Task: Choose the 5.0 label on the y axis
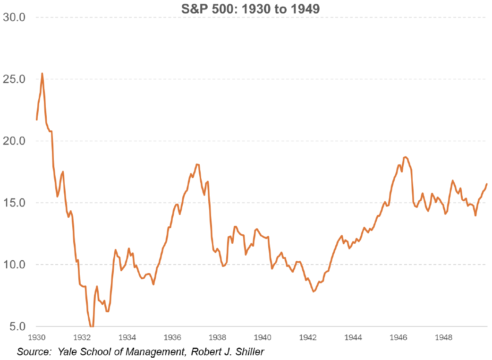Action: coord(17,326)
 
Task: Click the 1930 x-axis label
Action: coord(37,337)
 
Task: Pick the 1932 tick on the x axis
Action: coord(82,337)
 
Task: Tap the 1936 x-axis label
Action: coord(173,337)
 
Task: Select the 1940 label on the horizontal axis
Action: coord(263,337)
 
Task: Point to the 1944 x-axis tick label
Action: coord(354,337)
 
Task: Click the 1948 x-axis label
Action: coord(444,337)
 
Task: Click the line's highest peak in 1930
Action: coord(42,74)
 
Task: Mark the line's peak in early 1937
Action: coord(197,164)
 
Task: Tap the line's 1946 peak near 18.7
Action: coord(405,157)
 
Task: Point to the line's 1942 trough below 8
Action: coord(313,291)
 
